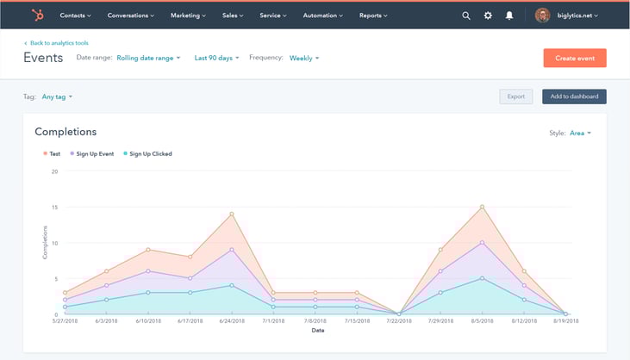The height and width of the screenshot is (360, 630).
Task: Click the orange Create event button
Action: pos(575,58)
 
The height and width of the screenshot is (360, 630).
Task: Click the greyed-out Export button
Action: pos(516,96)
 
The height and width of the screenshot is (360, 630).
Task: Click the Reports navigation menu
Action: pos(373,16)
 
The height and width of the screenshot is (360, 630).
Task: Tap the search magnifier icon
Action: pos(466,16)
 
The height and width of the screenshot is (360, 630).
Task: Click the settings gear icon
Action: pos(488,16)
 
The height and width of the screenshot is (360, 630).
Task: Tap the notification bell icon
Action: pos(509,16)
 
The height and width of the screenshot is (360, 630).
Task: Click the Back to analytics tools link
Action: pos(59,42)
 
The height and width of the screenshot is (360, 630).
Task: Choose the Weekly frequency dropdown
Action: pos(304,58)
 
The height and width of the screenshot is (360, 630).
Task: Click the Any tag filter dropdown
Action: pos(57,96)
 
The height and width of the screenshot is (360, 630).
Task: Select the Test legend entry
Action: pos(53,154)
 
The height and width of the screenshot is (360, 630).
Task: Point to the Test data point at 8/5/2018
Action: pos(482,207)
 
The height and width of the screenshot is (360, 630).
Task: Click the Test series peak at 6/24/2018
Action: pos(231,214)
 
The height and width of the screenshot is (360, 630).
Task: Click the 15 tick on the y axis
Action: pos(54,207)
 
